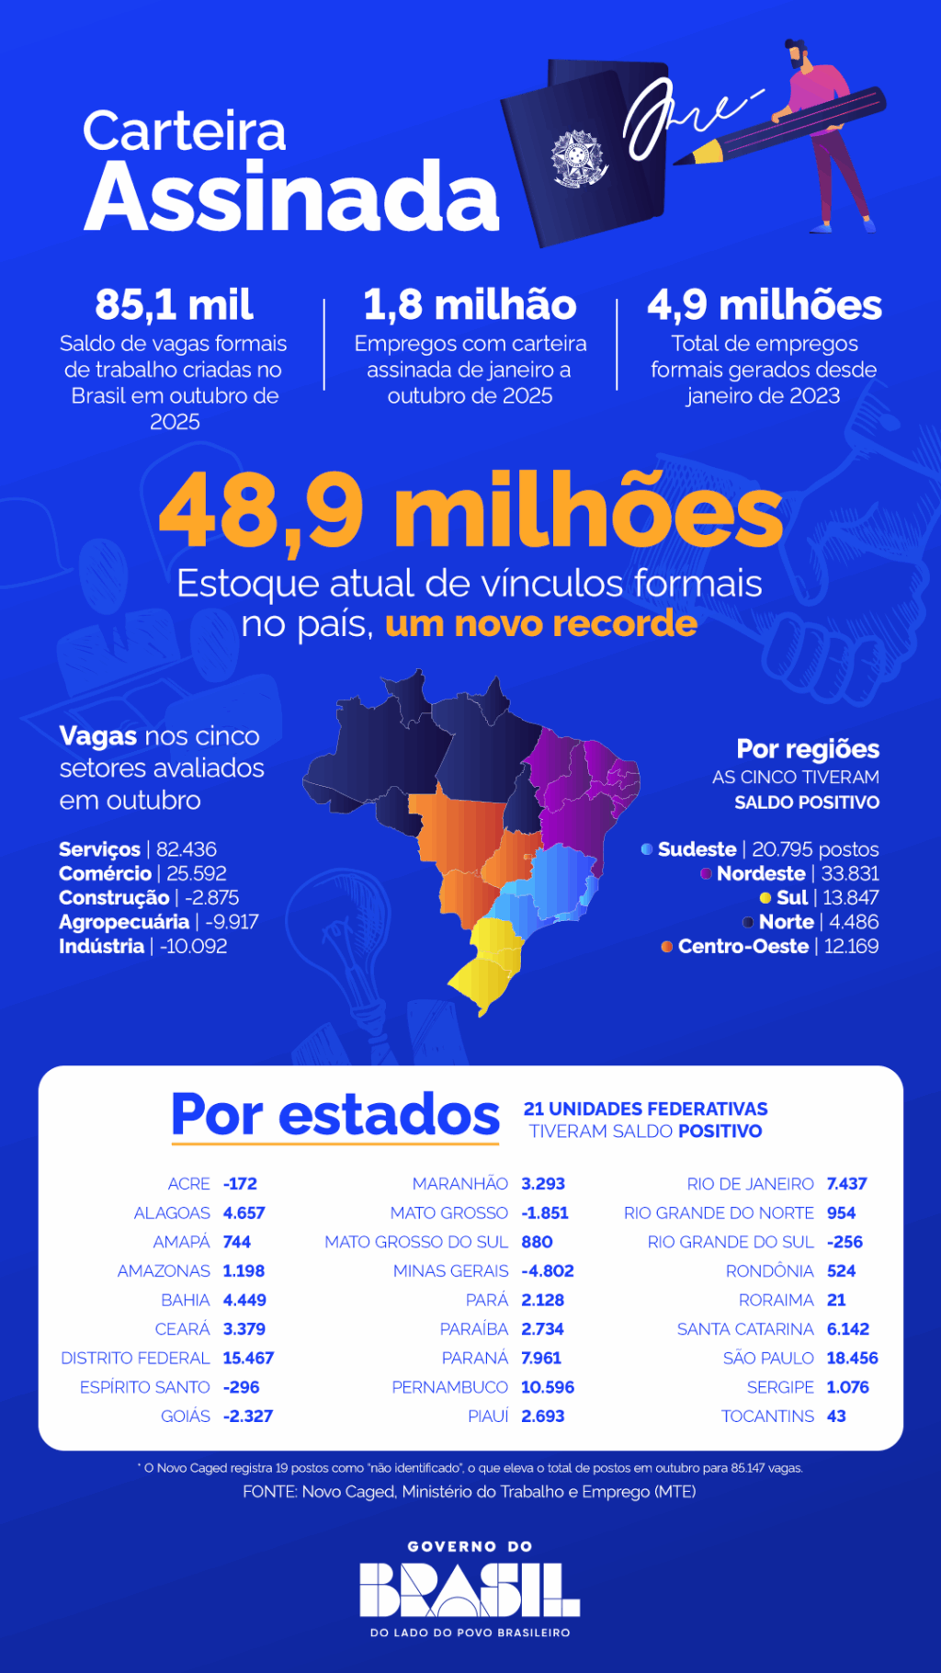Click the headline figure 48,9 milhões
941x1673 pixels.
point(470,512)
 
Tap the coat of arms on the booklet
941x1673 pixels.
point(577,157)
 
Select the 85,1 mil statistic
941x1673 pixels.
point(174,305)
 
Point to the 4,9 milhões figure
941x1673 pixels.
point(764,305)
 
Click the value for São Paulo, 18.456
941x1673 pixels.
point(852,1358)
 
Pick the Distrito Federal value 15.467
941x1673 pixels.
point(248,1358)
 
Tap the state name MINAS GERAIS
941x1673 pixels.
point(450,1270)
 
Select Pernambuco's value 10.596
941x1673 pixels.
point(548,1387)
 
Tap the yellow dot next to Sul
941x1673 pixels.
point(765,898)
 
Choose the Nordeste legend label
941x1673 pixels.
point(761,873)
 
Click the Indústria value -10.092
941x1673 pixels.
point(193,946)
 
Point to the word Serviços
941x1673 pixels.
point(99,849)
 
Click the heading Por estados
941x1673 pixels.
point(335,1115)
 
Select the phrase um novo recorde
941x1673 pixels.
point(541,623)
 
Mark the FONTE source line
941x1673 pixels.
point(469,1492)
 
